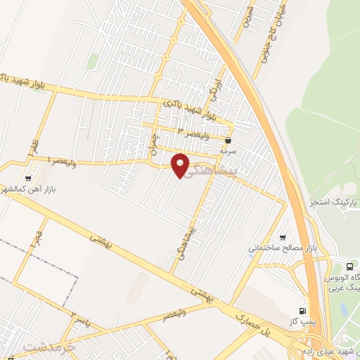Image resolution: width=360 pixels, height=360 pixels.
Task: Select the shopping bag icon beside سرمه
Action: (229, 141)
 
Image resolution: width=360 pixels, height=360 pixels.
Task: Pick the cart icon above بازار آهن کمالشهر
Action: (28, 179)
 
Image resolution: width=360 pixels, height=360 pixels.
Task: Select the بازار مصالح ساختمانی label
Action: (283, 248)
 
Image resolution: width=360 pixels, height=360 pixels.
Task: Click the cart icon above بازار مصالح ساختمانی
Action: (283, 237)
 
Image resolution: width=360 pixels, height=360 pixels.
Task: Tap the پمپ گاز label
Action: (302, 321)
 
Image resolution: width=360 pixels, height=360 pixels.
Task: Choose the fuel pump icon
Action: (303, 309)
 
